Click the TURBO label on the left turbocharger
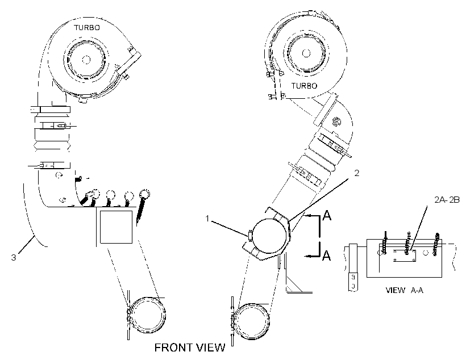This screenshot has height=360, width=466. (87, 28)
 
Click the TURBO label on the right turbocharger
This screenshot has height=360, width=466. (304, 86)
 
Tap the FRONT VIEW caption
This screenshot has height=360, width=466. (190, 348)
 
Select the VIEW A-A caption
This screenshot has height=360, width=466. (404, 290)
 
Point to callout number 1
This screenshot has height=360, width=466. (207, 219)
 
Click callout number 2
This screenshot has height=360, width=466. (357, 173)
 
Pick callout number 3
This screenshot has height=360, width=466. (14, 257)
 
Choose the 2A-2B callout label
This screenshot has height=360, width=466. (447, 200)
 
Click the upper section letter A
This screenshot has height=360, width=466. (327, 215)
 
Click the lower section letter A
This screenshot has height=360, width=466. (327, 255)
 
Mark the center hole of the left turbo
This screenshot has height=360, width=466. (86, 60)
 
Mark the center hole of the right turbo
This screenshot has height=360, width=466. (306, 53)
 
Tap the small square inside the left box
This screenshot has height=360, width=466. (116, 227)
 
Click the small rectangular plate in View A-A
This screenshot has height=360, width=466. (405, 256)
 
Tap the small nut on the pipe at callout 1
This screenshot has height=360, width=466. (250, 235)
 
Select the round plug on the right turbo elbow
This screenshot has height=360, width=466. (336, 122)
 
